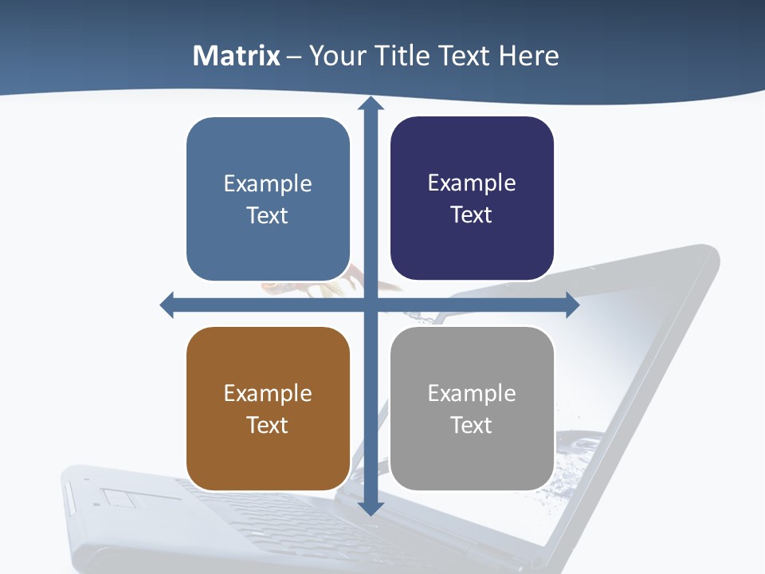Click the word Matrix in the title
tap(237, 56)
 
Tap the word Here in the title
tap(528, 56)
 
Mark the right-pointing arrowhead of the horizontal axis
tap(572, 305)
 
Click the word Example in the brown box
tap(268, 393)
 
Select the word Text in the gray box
tap(472, 425)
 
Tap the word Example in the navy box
tap(472, 183)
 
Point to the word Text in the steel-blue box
tap(268, 215)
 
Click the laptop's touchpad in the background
tap(120, 499)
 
